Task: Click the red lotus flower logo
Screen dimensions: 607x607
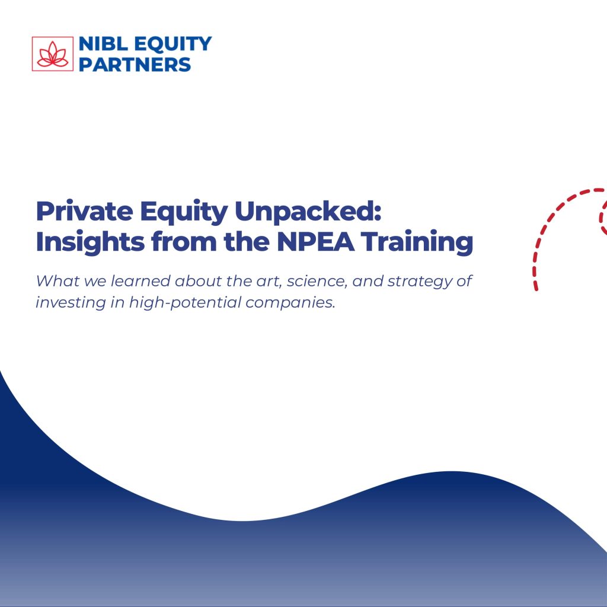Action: point(53,54)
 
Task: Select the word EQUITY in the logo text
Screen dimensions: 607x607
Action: point(173,44)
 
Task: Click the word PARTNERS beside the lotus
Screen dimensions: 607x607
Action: point(135,64)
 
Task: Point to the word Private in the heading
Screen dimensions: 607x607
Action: point(84,211)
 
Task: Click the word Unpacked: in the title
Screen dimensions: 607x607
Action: point(308,212)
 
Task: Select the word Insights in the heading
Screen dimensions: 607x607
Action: point(90,242)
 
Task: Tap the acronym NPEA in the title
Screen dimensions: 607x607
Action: point(315,242)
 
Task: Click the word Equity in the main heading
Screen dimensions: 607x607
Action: point(184,212)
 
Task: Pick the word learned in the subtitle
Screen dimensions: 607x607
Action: point(140,281)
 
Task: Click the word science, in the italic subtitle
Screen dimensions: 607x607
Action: point(317,282)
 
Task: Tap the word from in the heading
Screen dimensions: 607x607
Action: point(184,242)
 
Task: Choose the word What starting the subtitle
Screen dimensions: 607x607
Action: point(57,281)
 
